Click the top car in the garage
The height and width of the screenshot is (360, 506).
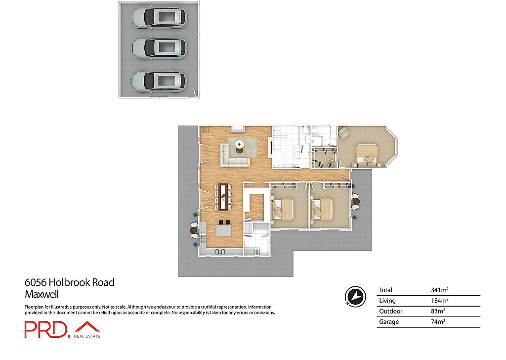(x=159, y=18)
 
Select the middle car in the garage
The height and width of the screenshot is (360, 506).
(x=159, y=48)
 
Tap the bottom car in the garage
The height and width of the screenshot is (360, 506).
(x=159, y=81)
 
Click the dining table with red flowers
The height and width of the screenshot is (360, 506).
(x=225, y=196)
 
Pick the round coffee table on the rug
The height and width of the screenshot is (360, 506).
(x=240, y=145)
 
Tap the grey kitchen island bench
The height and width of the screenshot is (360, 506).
(x=223, y=231)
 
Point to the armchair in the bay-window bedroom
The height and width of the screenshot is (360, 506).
(x=343, y=132)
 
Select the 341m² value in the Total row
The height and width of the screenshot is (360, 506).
(x=440, y=290)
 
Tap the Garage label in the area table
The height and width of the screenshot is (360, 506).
(x=388, y=322)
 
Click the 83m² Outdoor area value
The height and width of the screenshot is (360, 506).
(x=438, y=312)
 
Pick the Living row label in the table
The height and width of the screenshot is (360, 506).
(x=387, y=301)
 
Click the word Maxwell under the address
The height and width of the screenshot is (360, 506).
(x=42, y=295)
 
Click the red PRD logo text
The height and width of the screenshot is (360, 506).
(x=46, y=330)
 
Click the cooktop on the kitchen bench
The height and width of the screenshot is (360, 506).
(x=220, y=252)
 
